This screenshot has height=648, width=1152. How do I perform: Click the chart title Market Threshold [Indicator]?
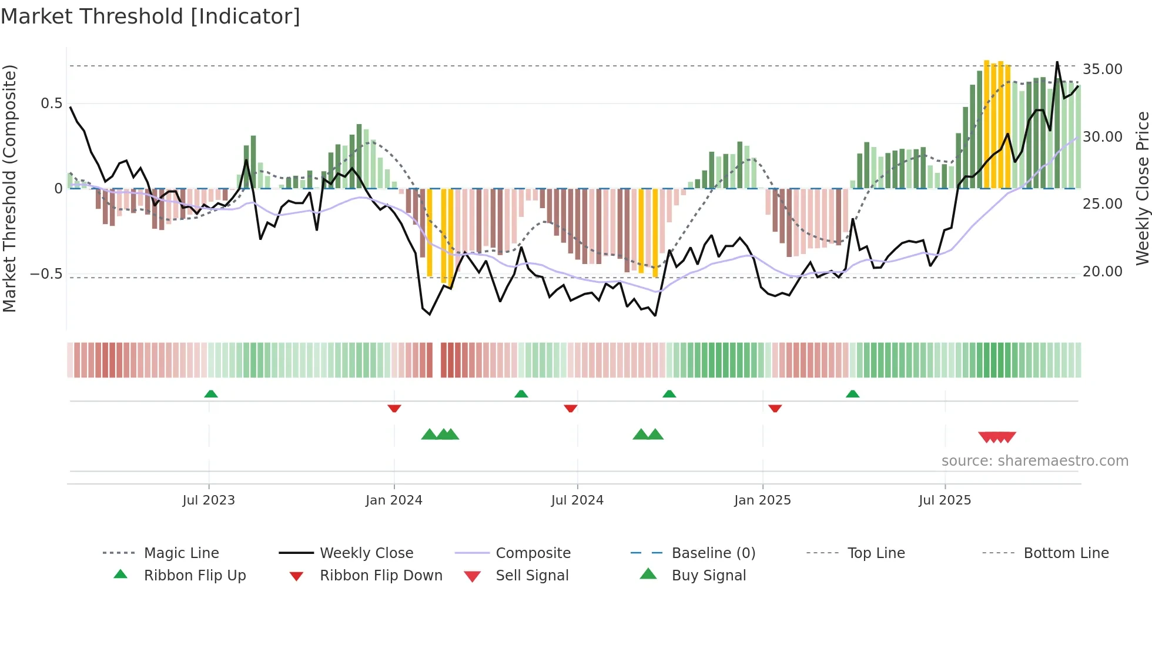pyautogui.click(x=150, y=16)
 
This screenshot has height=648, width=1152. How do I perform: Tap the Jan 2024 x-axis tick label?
pyautogui.click(x=394, y=500)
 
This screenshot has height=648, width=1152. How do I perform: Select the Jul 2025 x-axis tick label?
pyautogui.click(x=945, y=500)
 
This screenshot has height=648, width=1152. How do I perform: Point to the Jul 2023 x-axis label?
pyautogui.click(x=209, y=500)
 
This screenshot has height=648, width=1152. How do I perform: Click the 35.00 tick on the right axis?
pyautogui.click(x=1102, y=69)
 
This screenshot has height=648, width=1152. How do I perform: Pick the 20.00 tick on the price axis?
pyautogui.click(x=1102, y=272)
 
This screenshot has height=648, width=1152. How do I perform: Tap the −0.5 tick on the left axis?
pyautogui.click(x=46, y=274)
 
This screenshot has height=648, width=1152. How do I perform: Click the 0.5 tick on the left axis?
pyautogui.click(x=51, y=103)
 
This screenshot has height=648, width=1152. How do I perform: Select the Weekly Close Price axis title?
pyautogui.click(x=1142, y=188)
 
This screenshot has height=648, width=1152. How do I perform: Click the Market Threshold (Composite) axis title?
pyautogui.click(x=9, y=188)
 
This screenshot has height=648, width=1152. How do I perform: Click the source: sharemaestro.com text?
pyautogui.click(x=1034, y=461)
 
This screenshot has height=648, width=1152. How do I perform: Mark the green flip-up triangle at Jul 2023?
pyautogui.click(x=211, y=394)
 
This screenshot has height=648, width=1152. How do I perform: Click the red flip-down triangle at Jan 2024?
pyautogui.click(x=394, y=408)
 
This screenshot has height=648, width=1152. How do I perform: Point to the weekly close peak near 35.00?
pyautogui.click(x=1057, y=62)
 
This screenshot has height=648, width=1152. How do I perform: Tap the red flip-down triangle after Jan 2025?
pyautogui.click(x=775, y=408)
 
